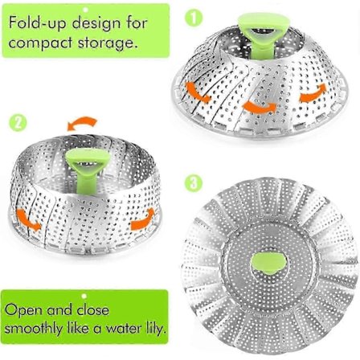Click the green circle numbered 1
point(194,18)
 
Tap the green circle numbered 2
point(18,123)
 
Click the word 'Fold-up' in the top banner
point(38,22)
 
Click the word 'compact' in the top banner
point(41,43)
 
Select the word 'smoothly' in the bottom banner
point(33,329)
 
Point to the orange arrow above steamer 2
point(83,124)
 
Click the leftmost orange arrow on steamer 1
point(198,92)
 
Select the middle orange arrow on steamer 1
point(260,107)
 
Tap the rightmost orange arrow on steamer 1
point(313,93)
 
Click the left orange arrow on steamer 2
point(29,220)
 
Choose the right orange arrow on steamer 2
point(142,219)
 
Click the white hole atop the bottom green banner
point(84,296)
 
